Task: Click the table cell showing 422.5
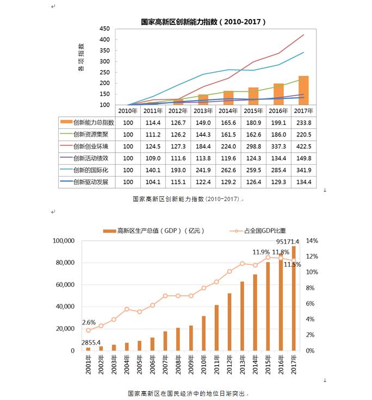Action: coord(303,146)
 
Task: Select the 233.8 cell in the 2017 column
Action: coord(303,123)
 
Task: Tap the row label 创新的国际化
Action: coord(91,170)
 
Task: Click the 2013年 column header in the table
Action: coord(203,111)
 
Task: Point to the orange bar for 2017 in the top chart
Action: coord(303,90)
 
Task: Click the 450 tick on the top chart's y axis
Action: coord(104,29)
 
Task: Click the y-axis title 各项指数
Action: coord(81,57)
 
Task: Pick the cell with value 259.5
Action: coord(253,170)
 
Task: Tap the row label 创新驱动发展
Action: coord(91,182)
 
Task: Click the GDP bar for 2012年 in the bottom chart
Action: coord(230,322)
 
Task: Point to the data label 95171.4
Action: coord(288,241)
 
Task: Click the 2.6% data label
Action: coord(89,322)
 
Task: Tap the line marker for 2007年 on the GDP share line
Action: coord(165,296)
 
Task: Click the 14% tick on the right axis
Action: coord(312,241)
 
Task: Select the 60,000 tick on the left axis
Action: coord(65,284)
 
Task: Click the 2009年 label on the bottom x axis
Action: coord(191,365)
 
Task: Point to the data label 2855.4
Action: coord(91,342)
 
